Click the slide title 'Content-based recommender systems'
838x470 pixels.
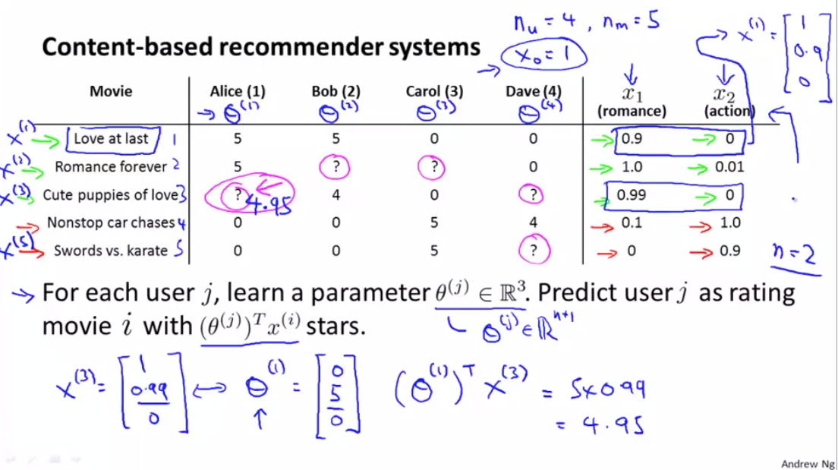pyautogui.click(x=260, y=47)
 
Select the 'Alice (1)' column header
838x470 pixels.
pyautogui.click(x=237, y=91)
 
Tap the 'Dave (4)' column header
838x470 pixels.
pyautogui.click(x=533, y=91)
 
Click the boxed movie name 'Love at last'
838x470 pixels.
pyautogui.click(x=111, y=139)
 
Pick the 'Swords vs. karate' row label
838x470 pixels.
pyautogui.click(x=110, y=251)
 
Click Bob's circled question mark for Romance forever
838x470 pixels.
pyautogui.click(x=335, y=167)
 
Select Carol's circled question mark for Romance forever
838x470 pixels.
pyautogui.click(x=433, y=167)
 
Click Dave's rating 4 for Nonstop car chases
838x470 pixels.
pyautogui.click(x=533, y=222)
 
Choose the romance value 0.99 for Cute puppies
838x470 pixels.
pyautogui.click(x=631, y=195)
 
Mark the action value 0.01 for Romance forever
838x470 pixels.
pyautogui.click(x=729, y=167)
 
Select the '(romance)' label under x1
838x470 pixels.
pyautogui.click(x=632, y=111)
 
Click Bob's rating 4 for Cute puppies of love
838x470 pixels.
pyautogui.click(x=335, y=195)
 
